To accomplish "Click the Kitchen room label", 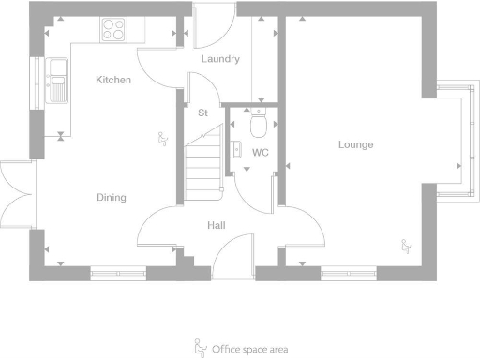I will (x=112, y=81).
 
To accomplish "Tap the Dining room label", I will (x=111, y=197).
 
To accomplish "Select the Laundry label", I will (x=221, y=59).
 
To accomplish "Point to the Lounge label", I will (x=356, y=144).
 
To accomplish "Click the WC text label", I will (x=261, y=152).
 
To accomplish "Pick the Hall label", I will (x=217, y=225).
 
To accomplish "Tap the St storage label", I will (x=202, y=112).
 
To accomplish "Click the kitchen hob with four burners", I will (x=114, y=31).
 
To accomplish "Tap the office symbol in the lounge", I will (x=406, y=247).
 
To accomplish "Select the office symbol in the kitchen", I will (x=162, y=140).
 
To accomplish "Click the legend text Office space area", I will (x=249, y=349).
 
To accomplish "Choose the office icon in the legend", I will (x=199, y=347).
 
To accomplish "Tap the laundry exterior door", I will (x=211, y=25).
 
